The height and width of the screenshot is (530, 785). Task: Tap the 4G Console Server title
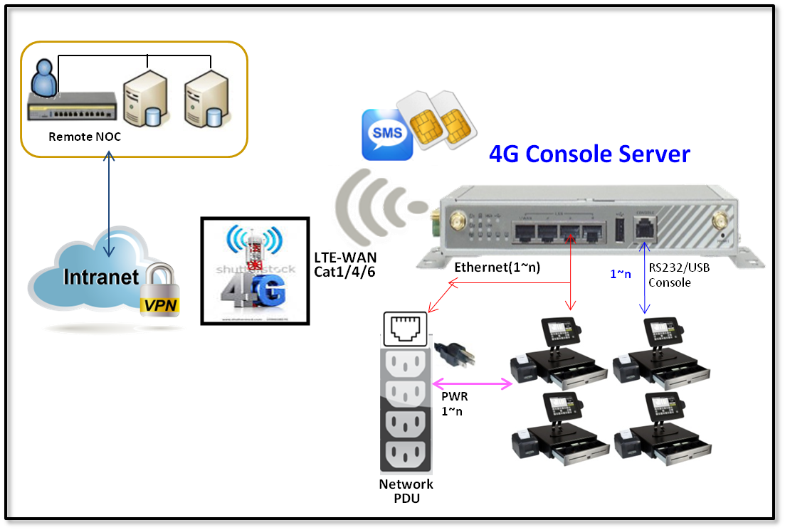coord(589,154)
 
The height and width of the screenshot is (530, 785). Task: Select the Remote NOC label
coord(85,136)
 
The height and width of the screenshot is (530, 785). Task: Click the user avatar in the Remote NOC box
coord(44,78)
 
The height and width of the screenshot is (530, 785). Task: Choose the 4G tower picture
coord(255,270)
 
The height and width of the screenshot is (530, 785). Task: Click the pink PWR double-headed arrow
coord(473,384)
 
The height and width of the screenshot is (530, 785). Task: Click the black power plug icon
coord(453,354)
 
